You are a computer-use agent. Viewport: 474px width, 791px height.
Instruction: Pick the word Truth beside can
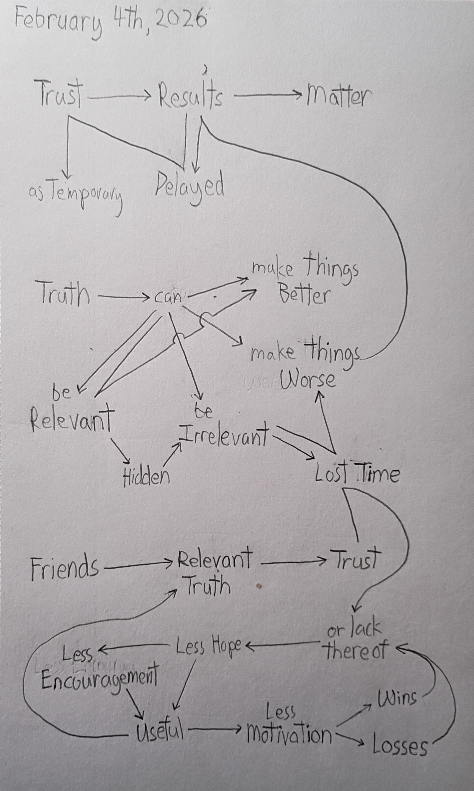pos(64,294)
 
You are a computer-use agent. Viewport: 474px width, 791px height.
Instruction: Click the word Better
pos(303,295)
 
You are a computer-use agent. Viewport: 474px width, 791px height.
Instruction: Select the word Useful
pos(160,731)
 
